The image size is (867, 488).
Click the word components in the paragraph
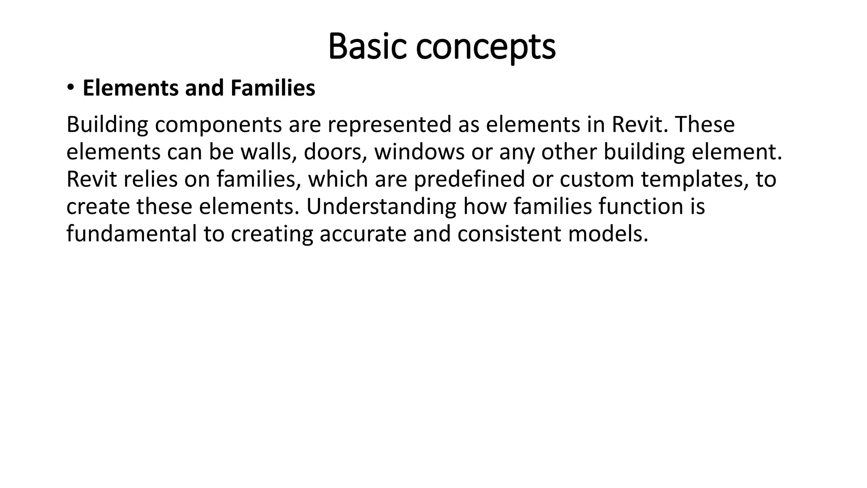pos(218,125)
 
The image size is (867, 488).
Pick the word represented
pos(389,125)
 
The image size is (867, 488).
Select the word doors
pos(335,152)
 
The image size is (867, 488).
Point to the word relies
pos(150,179)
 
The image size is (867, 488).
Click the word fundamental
pos(131,234)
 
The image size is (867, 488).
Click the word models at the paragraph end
pos(608,234)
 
